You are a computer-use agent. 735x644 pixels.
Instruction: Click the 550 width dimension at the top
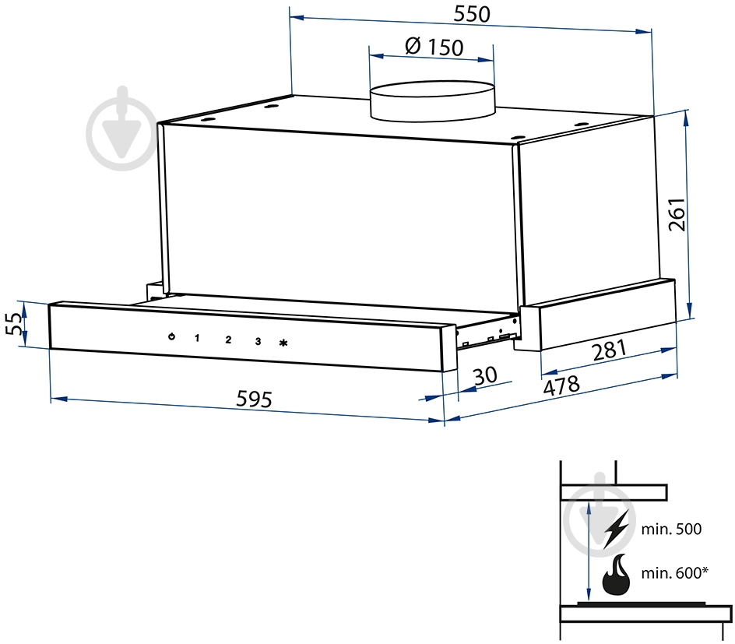(472, 14)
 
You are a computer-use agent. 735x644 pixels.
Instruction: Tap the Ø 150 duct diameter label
(434, 47)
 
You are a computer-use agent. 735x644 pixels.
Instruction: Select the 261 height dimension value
(677, 215)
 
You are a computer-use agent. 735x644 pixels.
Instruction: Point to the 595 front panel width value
(254, 399)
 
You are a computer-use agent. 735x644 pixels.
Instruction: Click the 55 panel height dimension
(15, 324)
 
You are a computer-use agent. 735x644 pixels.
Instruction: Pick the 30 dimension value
(485, 376)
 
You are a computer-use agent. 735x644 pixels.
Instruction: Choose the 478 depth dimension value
(561, 385)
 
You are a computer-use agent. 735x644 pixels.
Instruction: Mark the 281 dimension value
(609, 350)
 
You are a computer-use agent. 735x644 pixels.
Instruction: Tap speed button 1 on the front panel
(197, 338)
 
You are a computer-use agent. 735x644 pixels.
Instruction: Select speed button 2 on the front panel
(228, 340)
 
